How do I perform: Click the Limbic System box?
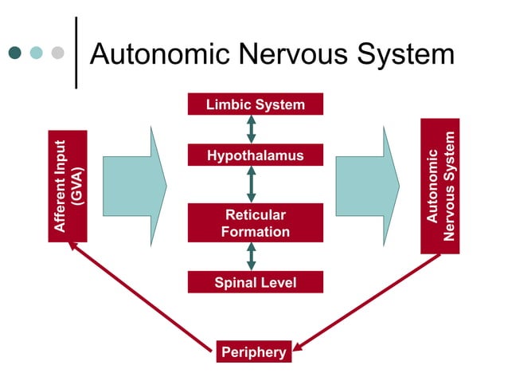pos(255,104)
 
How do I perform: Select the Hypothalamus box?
pos(255,155)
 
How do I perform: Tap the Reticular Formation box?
pos(255,223)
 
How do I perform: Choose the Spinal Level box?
pos(255,282)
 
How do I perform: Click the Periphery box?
pos(252,352)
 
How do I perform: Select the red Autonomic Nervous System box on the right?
pos(440,186)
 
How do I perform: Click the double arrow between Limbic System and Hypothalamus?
pos(252,129)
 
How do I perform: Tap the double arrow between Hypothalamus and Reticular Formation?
pos(252,184)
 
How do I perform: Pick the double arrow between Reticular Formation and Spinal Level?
pos(252,256)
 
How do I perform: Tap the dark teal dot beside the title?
pos(14,53)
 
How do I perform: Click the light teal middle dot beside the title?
pos(36,53)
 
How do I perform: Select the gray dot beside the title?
pos(57,53)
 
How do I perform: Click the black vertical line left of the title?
pos(76,53)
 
